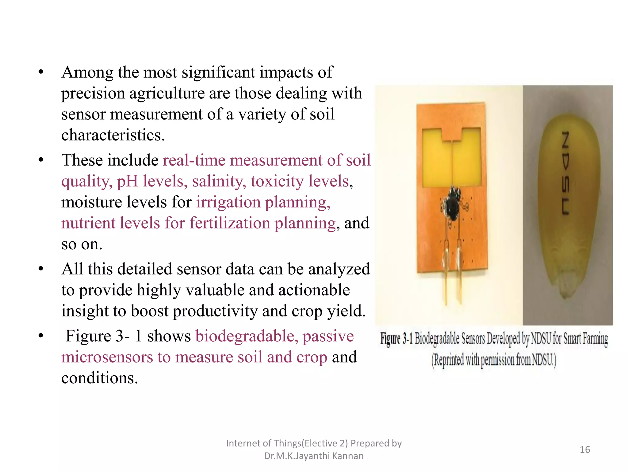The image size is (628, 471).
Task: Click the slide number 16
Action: (x=585, y=450)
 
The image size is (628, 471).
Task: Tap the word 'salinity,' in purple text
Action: (x=219, y=181)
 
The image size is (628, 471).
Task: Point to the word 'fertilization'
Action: (x=229, y=223)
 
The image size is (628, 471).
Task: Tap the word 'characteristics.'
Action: (x=113, y=135)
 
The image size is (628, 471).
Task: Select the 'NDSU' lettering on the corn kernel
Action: (x=565, y=173)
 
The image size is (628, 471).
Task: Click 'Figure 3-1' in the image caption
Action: (x=396, y=339)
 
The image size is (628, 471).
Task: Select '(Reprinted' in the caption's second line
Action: (x=447, y=360)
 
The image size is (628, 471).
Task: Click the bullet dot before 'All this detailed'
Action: (x=41, y=269)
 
